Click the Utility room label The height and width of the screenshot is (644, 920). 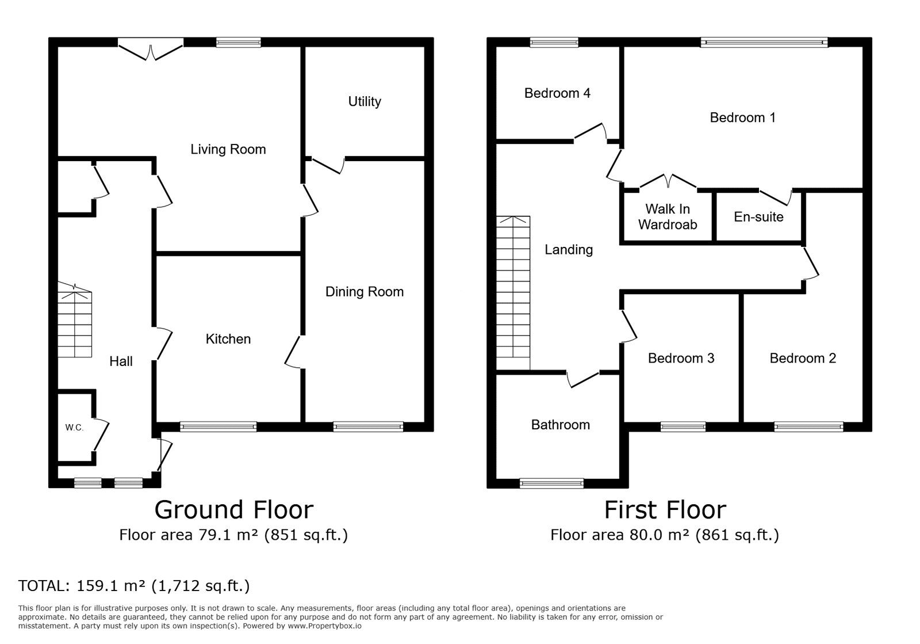[365, 101]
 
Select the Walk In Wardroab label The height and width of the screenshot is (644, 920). [667, 217]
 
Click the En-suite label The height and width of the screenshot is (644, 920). [758, 217]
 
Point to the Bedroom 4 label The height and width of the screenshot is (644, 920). [557, 93]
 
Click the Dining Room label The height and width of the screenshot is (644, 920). [365, 292]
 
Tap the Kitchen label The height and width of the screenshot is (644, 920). [228, 339]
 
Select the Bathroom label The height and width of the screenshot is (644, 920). [560, 425]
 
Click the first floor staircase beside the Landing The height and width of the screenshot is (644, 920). [513, 294]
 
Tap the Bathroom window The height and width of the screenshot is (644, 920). [551, 483]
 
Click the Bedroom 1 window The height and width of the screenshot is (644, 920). [764, 42]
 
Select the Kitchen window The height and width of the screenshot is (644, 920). [218, 426]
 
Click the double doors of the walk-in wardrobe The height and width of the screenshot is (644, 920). [668, 181]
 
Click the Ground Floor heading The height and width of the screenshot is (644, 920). [233, 510]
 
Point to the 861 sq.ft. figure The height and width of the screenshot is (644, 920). [737, 535]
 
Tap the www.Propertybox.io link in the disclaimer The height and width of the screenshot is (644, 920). [325, 626]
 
